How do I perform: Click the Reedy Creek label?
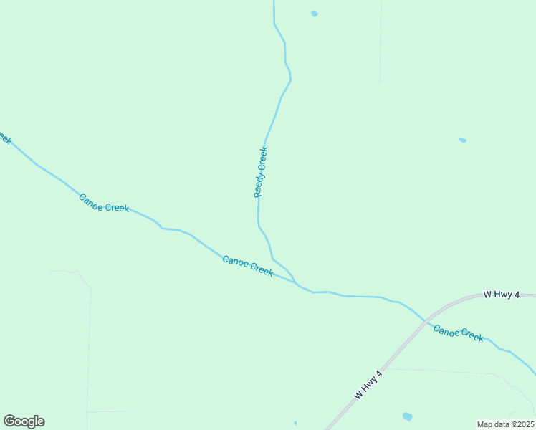261,172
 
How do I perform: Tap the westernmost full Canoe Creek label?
104,203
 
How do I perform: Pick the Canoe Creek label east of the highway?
459,333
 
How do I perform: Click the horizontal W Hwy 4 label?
501,295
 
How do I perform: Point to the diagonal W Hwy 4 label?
369,385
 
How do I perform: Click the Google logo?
24,421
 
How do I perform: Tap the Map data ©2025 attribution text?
506,424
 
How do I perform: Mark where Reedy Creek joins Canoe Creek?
296,282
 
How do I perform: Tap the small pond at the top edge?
315,14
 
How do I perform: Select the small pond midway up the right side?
462,140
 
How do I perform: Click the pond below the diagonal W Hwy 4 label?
407,416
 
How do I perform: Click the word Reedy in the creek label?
259,185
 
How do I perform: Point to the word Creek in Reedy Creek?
263,158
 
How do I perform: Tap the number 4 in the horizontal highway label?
517,295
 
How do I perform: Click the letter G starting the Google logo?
9,421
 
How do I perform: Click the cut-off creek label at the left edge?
5,138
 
